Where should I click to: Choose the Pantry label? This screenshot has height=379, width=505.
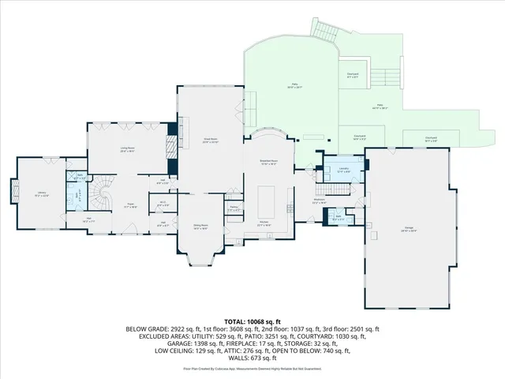(x=234, y=209)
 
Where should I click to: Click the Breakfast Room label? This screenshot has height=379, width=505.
(x=268, y=163)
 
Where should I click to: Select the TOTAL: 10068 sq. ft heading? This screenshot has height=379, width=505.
(x=252, y=322)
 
